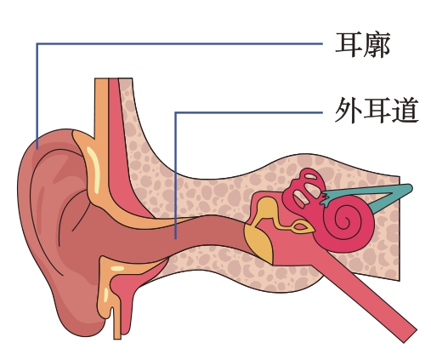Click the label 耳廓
pyautogui.click(x=363, y=45)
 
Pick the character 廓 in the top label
pyautogui.click(x=377, y=45)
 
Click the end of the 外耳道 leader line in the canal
pyautogui.click(x=176, y=238)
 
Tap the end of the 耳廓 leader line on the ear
pyautogui.click(x=37, y=148)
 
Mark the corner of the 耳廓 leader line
pyautogui.click(x=37, y=43)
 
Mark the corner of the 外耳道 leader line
pyautogui.click(x=176, y=113)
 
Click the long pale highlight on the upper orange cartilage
pyautogui.click(x=94, y=169)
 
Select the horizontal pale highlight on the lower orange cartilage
pyautogui.click(x=117, y=268)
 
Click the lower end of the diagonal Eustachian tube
pyautogui.click(x=410, y=336)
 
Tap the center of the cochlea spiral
pyautogui.click(x=346, y=219)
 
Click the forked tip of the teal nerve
pyautogui.click(x=325, y=198)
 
